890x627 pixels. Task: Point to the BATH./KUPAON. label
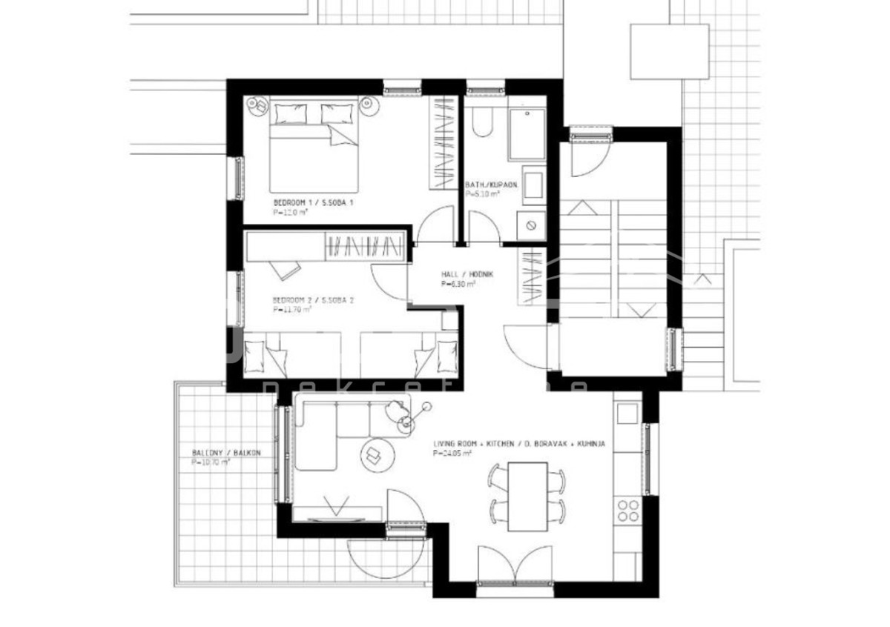point(491,185)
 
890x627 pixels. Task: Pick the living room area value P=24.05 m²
point(452,454)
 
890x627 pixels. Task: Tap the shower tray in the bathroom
point(527,134)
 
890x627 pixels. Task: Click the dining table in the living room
point(527,495)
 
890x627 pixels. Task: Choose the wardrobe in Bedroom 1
point(444,145)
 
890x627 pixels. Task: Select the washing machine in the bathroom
point(531,224)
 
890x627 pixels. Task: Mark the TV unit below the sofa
point(338,512)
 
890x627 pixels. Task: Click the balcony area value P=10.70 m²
point(211,462)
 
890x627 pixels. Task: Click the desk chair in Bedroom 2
point(283,269)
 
